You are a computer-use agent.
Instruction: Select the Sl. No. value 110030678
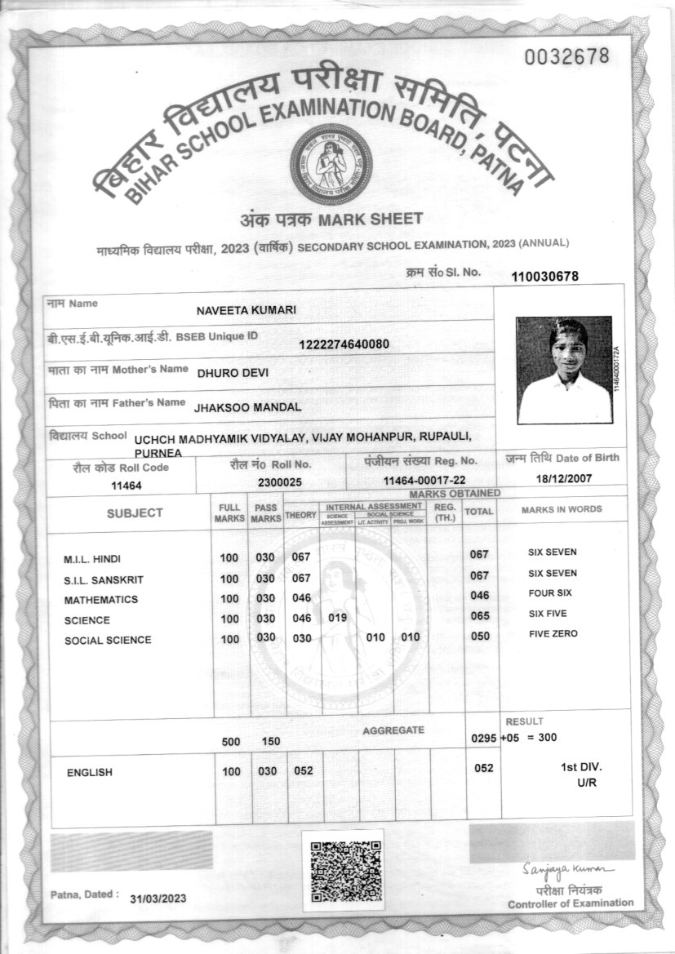coord(544,277)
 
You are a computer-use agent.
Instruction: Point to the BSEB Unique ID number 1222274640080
coord(344,344)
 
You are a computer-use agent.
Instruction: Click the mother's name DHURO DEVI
coord(233,372)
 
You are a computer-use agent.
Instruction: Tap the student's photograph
coord(564,370)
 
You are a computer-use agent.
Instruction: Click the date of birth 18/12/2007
coord(562,478)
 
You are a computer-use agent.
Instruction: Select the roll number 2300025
coord(280,482)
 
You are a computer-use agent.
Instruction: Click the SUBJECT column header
coord(135,512)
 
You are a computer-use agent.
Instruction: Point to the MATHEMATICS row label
coord(100,600)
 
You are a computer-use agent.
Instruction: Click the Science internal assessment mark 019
coord(338,619)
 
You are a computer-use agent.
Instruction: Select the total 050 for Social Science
coord(479,636)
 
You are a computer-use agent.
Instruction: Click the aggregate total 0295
coord(484,738)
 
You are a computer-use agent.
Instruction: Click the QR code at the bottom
coord(342,870)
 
